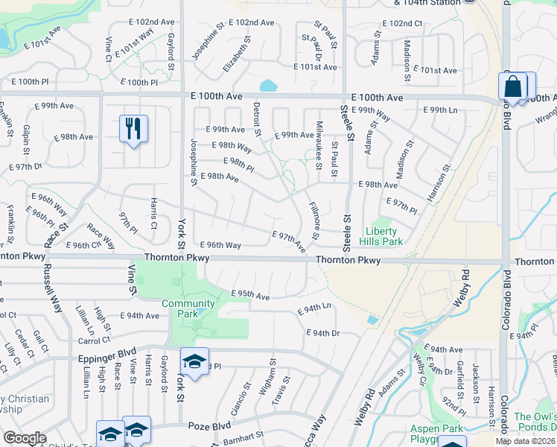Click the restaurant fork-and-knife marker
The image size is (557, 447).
[133, 128]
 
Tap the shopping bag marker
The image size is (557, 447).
[513, 86]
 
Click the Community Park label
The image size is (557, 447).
[188, 308]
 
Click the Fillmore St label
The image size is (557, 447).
[315, 221]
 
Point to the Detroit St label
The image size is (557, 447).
[258, 119]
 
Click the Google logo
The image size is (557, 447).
[25, 438]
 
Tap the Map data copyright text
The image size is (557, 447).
[526, 441]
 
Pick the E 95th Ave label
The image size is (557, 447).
[250, 296]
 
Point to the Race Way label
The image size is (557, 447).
[101, 237]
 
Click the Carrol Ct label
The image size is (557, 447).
[94, 341]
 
